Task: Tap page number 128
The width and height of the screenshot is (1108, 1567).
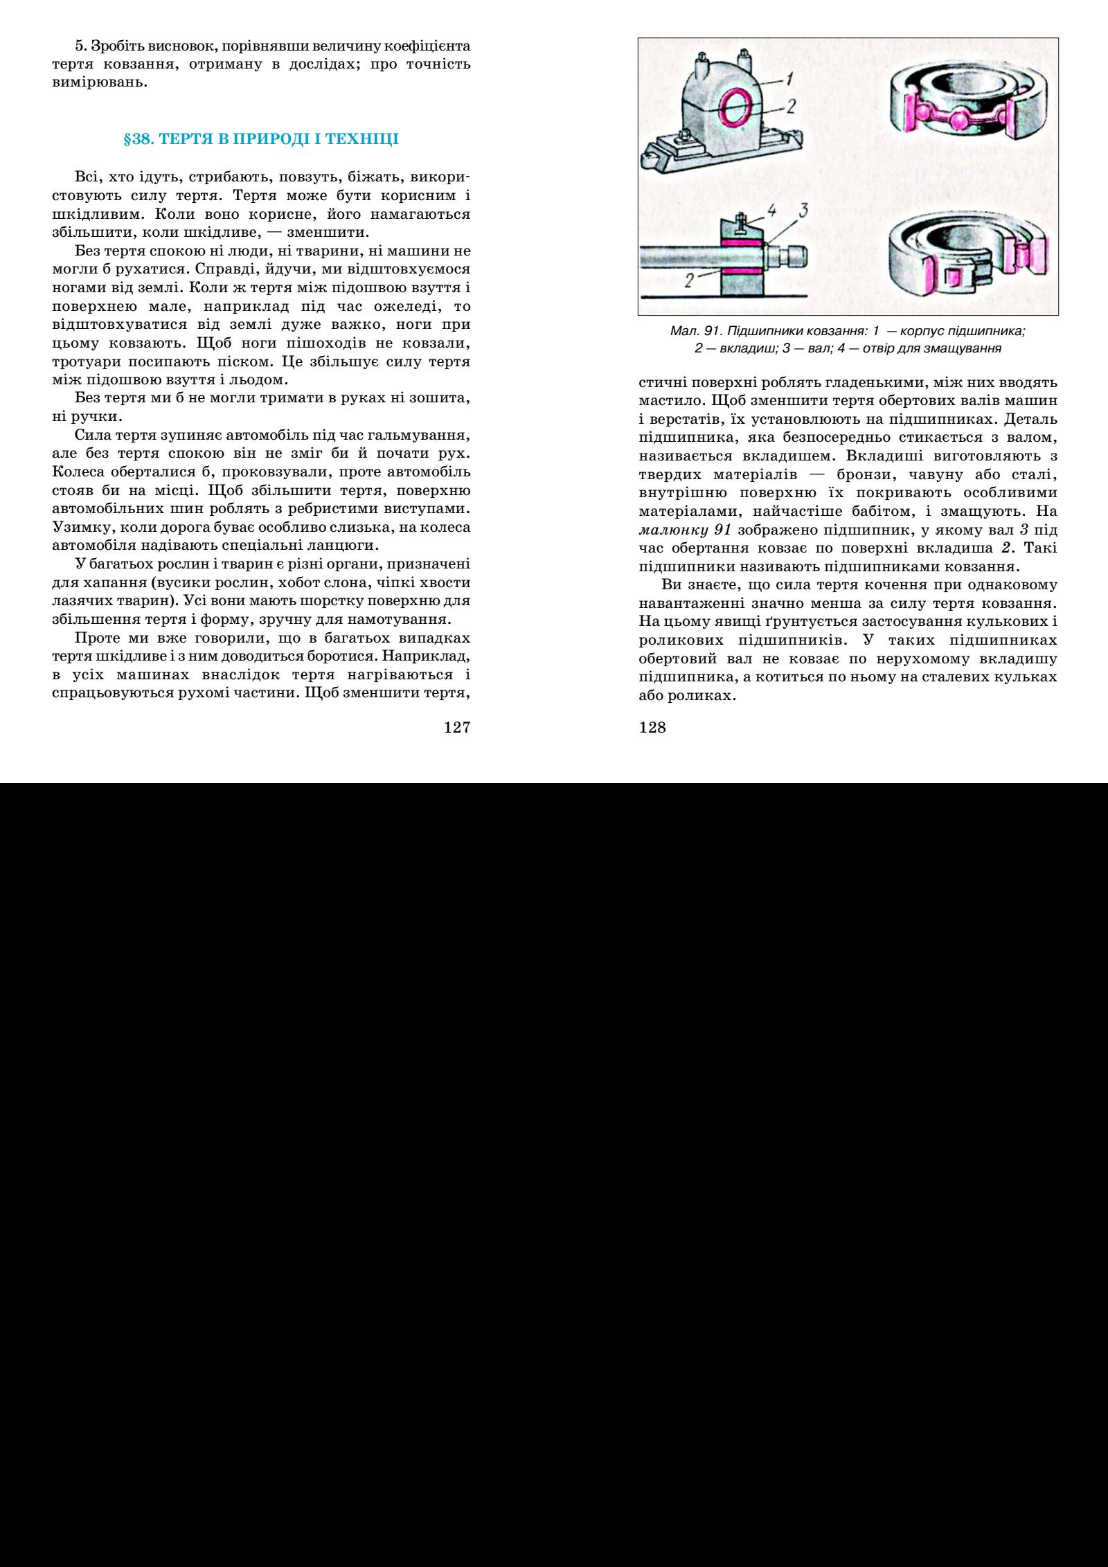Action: [651, 727]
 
